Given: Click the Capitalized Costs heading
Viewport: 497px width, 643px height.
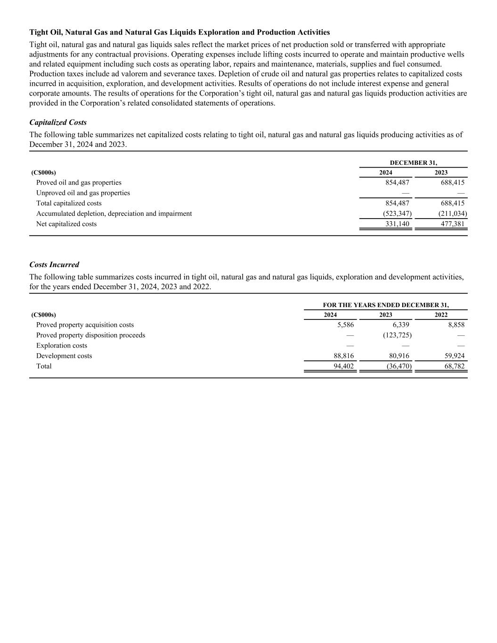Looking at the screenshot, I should [58, 122].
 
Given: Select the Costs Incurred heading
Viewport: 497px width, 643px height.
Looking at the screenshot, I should [54, 265].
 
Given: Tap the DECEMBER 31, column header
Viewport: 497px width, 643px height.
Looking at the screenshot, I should [413, 163].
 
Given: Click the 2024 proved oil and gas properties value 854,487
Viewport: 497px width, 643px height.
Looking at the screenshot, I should [397, 182].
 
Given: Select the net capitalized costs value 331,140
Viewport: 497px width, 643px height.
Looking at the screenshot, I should [397, 224].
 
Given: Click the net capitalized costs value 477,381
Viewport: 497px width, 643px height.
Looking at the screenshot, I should [452, 224].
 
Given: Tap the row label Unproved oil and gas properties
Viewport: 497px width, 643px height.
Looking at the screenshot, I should [83, 193].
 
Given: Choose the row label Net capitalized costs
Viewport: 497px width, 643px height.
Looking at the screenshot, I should [66, 224].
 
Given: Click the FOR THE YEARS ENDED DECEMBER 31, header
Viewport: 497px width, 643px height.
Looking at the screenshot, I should [385, 305].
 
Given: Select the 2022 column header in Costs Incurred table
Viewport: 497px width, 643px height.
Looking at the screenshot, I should [441, 315].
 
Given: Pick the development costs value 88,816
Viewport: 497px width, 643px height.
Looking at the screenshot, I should [343, 356].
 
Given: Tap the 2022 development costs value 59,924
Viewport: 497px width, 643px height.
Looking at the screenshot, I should [454, 356].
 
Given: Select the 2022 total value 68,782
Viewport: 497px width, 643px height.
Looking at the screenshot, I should [454, 366].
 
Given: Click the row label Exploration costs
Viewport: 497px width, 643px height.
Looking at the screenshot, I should [62, 345].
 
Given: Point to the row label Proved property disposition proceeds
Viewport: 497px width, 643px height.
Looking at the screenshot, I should [90, 335].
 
